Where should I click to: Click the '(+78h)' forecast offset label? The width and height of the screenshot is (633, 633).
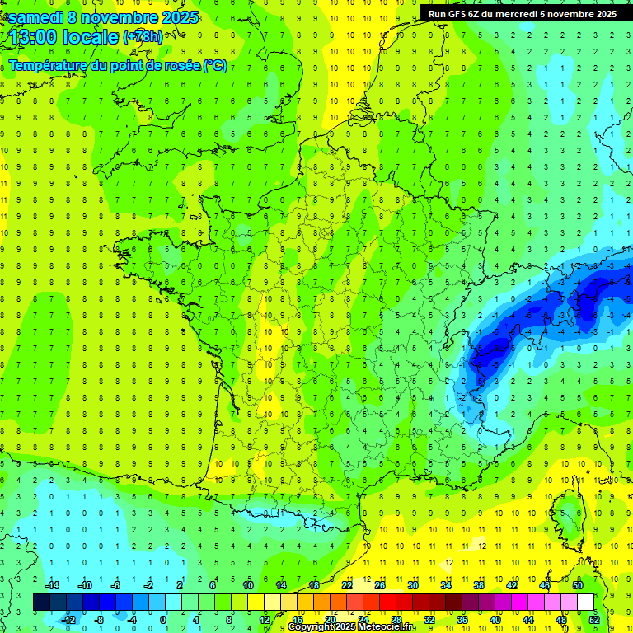pyautogui.click(x=143, y=36)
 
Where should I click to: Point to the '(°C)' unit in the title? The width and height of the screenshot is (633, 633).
pyautogui.click(x=215, y=66)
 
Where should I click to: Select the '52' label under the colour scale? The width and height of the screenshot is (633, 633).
pyautogui.click(x=594, y=619)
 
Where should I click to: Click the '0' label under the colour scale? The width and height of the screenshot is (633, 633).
pyautogui.click(x=163, y=619)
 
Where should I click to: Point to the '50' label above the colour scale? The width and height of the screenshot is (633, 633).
pyautogui.click(x=578, y=585)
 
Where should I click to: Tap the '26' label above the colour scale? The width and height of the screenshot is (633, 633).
pyautogui.click(x=380, y=585)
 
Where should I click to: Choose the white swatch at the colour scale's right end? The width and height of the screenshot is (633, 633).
pyautogui.click(x=586, y=603)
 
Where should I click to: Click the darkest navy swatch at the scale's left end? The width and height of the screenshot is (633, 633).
pyautogui.click(x=42, y=603)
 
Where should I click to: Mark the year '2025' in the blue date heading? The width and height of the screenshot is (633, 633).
pyautogui.click(x=175, y=16)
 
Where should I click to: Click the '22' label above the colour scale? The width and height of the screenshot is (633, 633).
pyautogui.click(x=347, y=585)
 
